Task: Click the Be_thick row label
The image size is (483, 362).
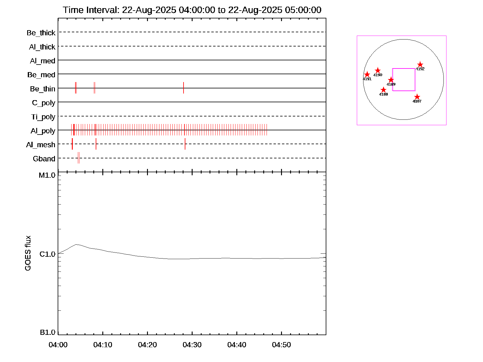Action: [41, 33]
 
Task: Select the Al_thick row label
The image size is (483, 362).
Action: [42, 47]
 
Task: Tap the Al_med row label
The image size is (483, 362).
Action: [43, 61]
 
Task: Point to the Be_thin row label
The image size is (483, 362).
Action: [43, 89]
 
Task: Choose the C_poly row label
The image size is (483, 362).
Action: [43, 103]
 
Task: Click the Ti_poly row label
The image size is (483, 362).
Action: [43, 117]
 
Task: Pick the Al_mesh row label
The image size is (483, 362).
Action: [41, 145]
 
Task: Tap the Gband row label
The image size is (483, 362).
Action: [44, 159]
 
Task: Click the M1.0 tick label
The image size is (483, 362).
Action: [47, 175]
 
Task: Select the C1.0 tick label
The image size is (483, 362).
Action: [47, 254]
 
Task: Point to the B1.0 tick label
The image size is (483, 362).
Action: [48, 332]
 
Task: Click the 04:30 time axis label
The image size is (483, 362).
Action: [192, 345]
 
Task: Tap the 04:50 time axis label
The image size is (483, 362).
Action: [281, 345]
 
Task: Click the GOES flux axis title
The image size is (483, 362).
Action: [28, 253]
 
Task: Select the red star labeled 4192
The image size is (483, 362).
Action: [420, 65]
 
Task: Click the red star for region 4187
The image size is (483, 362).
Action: [417, 97]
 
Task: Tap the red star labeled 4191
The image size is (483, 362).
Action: [367, 75]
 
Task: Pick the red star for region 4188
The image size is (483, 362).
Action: [383, 90]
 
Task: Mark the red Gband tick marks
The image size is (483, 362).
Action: [78, 158]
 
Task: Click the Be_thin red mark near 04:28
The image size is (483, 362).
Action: [183, 88]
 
